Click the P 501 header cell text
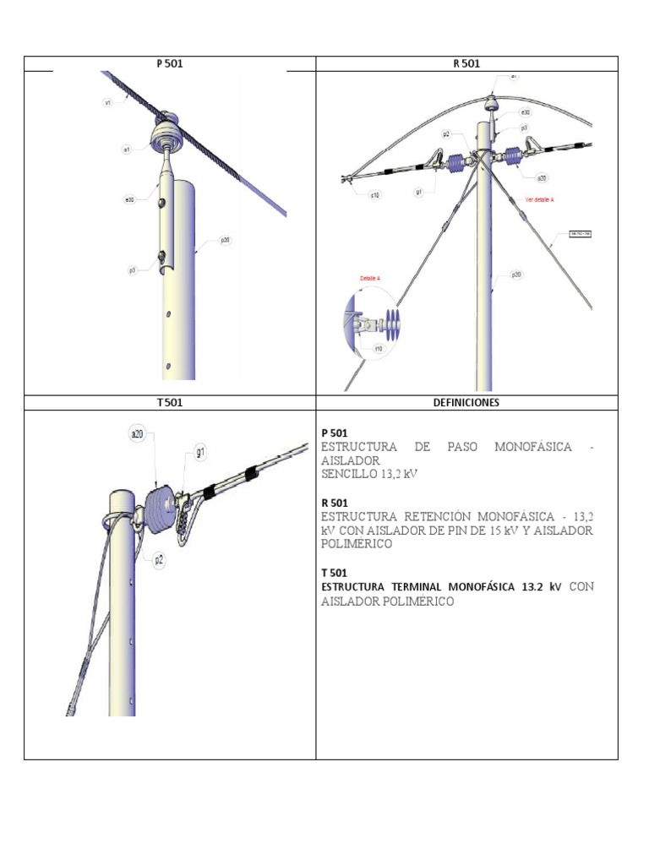pos(169,63)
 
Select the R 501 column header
pos(466,63)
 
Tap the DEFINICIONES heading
pos(466,402)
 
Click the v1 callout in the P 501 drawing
pos(108,102)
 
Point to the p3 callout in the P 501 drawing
pos(133,270)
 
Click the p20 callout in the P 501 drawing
pos(226,240)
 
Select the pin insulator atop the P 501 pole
pos(166,131)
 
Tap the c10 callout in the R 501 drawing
pos(374,194)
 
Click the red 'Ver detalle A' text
pos(542,200)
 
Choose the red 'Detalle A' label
pos(371,277)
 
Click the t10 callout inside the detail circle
pos(379,348)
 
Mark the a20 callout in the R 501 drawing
pos(541,177)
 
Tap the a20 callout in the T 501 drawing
pos(136,434)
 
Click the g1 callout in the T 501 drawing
pos(201,453)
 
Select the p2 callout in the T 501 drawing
pos(158,558)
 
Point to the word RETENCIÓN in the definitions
pos(430,514)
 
